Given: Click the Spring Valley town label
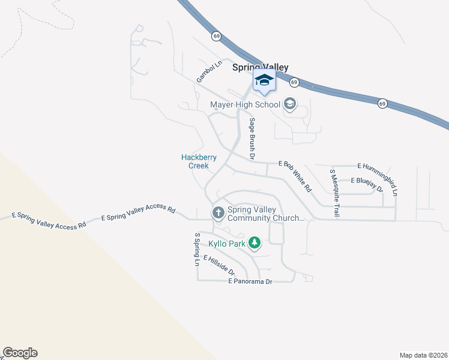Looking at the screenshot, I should pyautogui.click(x=261, y=68).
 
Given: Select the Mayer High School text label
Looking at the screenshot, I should pyautogui.click(x=245, y=105).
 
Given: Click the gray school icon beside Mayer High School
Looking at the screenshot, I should pyautogui.click(x=290, y=104).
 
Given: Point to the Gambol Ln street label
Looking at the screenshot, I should pyautogui.click(x=205, y=74).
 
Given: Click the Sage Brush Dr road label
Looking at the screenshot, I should pyautogui.click(x=253, y=139).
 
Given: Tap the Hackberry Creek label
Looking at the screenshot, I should pyautogui.click(x=198, y=161).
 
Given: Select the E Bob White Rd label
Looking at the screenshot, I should pyautogui.click(x=295, y=175).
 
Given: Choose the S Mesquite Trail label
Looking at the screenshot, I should pyautogui.click(x=334, y=193).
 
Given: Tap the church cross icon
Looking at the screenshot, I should pyautogui.click(x=218, y=212).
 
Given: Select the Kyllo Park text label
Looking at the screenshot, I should pyautogui.click(x=227, y=244).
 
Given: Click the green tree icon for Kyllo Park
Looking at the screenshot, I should pyautogui.click(x=255, y=243).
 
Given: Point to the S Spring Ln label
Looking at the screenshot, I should pyautogui.click(x=196, y=249).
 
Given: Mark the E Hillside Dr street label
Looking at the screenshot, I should pyautogui.click(x=218, y=266).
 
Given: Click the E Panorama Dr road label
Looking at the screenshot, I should pyautogui.click(x=250, y=281).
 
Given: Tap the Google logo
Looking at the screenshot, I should pyautogui.click(x=20, y=353).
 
